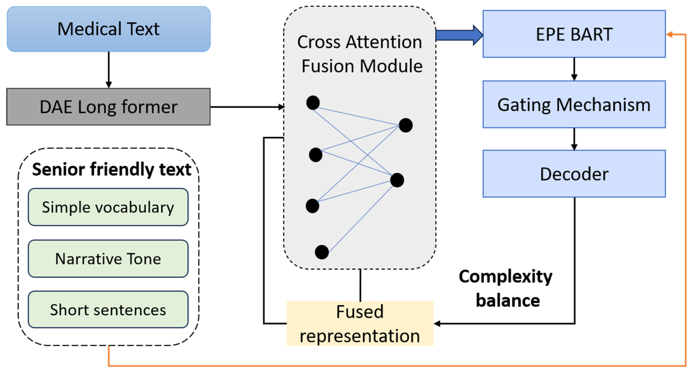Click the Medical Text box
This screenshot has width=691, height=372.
(x=108, y=29)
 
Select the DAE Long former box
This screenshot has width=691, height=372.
(x=108, y=107)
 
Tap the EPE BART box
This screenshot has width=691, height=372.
(x=574, y=34)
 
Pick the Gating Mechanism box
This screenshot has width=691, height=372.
(x=574, y=104)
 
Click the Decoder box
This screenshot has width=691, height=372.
(x=574, y=174)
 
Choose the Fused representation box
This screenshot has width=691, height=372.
(x=360, y=323)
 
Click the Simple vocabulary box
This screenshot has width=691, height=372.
(x=108, y=207)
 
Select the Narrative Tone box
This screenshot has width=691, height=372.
(x=108, y=259)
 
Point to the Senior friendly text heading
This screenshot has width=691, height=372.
(x=112, y=169)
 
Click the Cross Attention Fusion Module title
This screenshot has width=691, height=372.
(x=360, y=54)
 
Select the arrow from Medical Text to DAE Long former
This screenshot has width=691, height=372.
(x=109, y=70)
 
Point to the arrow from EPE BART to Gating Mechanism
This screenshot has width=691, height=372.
(x=574, y=69)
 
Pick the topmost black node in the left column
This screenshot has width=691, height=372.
(x=313, y=103)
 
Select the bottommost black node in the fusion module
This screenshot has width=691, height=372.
(x=322, y=252)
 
